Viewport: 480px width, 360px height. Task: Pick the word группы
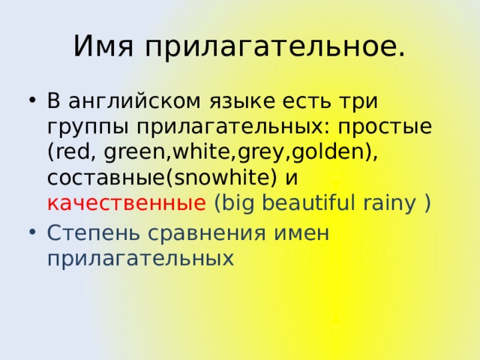[x=80, y=126]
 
